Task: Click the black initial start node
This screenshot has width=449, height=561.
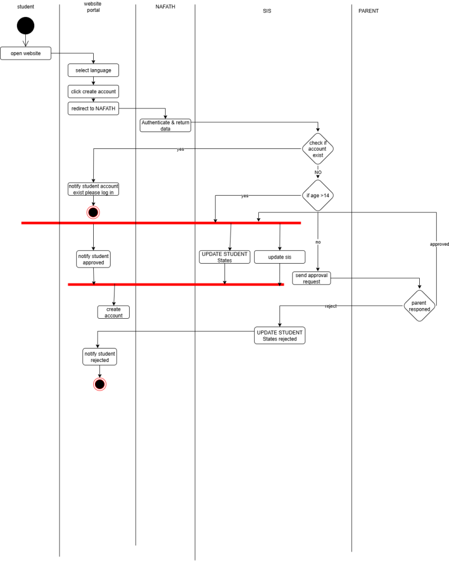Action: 25,26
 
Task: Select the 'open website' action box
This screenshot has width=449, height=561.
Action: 25,53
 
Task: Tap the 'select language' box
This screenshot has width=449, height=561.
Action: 93,70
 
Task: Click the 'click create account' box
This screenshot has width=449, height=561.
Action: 93,91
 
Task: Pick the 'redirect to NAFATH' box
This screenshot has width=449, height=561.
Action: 93,108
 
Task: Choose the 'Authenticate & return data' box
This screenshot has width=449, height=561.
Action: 166,125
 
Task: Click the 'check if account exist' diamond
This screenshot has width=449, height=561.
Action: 318,149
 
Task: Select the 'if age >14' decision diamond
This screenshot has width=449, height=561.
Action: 318,196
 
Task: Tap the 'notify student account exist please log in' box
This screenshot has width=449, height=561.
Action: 93,189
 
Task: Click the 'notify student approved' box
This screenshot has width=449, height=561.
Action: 93,259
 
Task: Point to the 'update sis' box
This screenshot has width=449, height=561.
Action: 280,257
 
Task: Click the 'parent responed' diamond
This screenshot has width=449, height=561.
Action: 419,305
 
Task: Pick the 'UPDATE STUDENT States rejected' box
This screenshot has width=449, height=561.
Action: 280,336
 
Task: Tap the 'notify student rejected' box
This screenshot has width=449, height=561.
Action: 100,356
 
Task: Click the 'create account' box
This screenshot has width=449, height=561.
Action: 113,312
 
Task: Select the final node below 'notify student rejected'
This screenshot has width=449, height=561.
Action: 100,384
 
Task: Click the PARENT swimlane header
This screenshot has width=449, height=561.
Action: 368,11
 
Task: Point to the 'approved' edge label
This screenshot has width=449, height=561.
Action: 439,244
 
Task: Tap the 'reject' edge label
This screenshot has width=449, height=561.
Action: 331,306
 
